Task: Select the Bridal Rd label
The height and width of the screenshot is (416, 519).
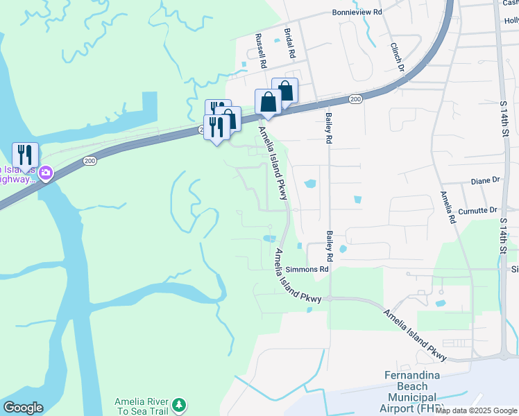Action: click(290, 43)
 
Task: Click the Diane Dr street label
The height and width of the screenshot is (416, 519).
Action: click(485, 180)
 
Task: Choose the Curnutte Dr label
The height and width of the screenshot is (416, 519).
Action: click(478, 209)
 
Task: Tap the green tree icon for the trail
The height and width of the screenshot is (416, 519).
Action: click(179, 404)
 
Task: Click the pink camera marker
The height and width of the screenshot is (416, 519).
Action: click(46, 173)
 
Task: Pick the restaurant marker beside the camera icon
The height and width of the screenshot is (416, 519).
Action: click(25, 155)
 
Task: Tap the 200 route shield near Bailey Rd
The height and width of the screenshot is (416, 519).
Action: click(355, 100)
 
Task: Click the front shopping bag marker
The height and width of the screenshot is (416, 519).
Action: click(268, 102)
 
